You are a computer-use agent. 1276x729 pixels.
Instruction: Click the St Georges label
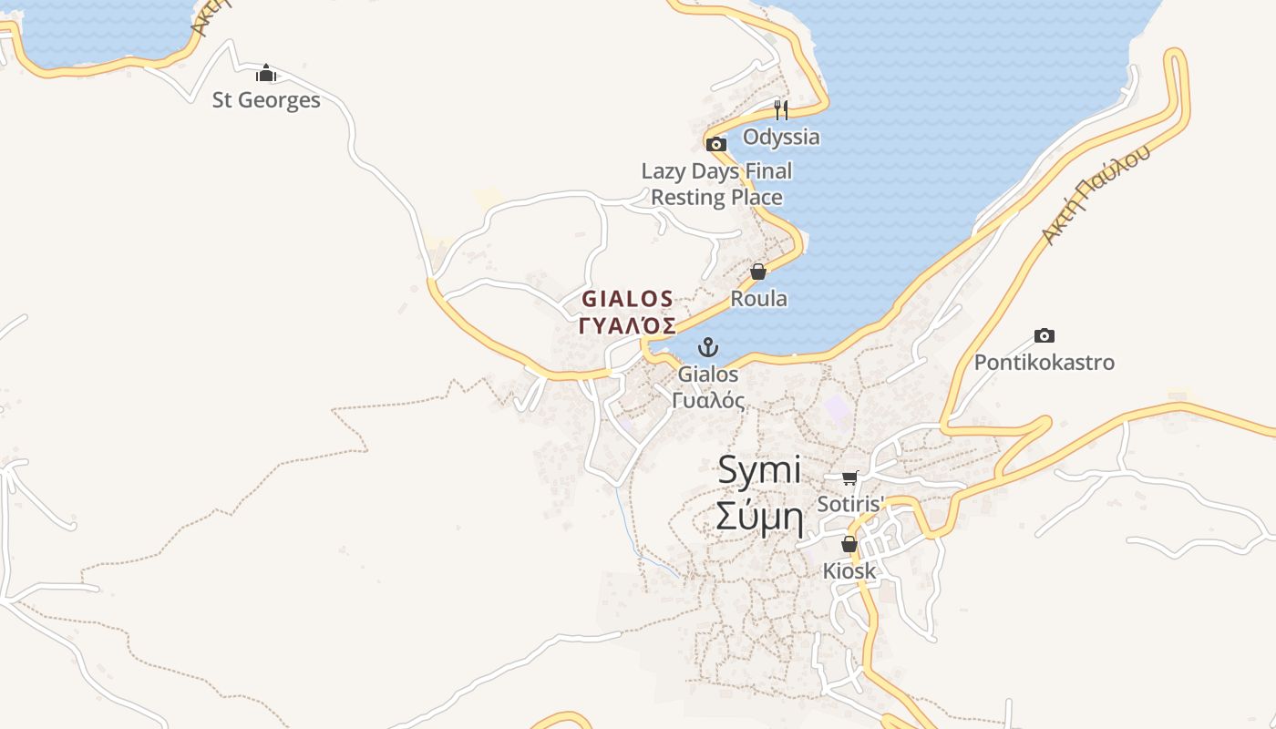click(266, 100)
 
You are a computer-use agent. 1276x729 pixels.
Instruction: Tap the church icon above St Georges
click(266, 73)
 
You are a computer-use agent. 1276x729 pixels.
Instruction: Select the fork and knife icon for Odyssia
click(781, 110)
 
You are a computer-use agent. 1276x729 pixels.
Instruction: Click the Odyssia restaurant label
click(781, 137)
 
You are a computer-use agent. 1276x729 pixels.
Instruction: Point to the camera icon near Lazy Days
click(716, 144)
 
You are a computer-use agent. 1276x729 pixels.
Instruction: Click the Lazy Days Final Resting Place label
click(716, 184)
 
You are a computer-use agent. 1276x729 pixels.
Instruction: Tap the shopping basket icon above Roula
click(758, 272)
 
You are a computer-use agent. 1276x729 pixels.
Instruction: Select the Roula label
click(758, 299)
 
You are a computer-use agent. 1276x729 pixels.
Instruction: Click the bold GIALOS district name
click(628, 299)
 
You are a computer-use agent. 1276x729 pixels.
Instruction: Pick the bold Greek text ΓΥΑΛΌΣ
click(628, 326)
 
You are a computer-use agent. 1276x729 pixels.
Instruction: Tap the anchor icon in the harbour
click(708, 347)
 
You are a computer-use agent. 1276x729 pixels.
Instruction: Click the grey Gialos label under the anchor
click(708, 374)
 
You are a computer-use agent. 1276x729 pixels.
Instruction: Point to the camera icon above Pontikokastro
click(1044, 335)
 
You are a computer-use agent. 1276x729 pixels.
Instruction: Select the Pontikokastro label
click(1044, 363)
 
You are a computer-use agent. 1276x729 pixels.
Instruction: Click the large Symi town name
click(759, 470)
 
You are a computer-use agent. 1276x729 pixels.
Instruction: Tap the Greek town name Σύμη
click(759, 518)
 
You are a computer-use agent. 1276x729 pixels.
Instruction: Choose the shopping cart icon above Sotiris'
click(850, 477)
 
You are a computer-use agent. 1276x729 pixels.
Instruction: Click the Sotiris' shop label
click(851, 504)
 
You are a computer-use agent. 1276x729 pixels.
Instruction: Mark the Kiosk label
click(849, 571)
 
